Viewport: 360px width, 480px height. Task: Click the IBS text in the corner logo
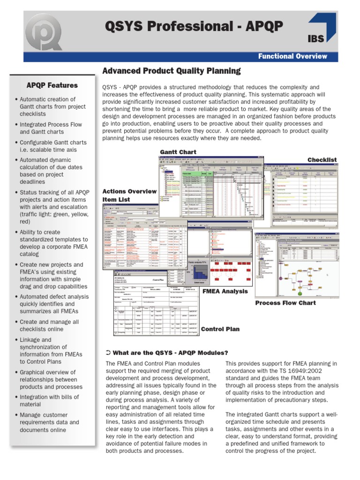315,39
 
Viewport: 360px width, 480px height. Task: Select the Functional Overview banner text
292,56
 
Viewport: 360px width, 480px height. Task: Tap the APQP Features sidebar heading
52,85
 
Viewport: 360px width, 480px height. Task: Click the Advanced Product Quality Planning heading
172,71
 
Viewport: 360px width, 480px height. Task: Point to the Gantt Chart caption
178,152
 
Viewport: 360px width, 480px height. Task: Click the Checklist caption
322,160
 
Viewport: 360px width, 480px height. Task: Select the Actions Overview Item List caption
129,195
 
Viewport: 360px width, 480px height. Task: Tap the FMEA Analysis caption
225,291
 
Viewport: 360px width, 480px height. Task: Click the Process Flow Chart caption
285,303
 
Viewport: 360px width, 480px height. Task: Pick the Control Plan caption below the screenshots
220,329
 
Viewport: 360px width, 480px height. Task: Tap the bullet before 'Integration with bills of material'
16,397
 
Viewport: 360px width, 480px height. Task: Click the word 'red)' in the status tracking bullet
24,221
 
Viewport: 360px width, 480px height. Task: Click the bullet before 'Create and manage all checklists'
16,322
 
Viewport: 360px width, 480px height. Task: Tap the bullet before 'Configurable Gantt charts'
16,142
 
